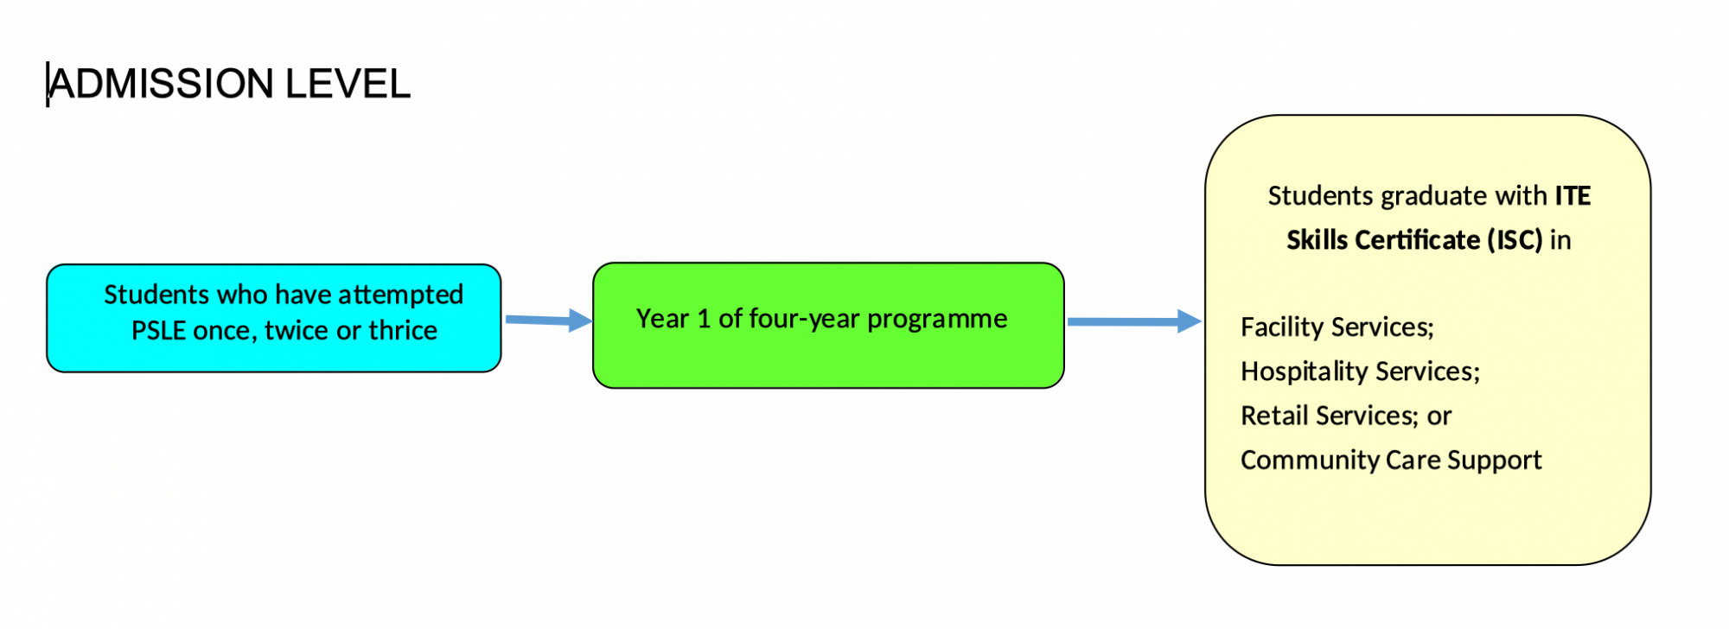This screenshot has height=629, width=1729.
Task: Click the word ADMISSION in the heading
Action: [162, 84]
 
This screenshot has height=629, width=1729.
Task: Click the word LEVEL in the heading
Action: [348, 84]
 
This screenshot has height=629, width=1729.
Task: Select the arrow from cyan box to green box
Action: [549, 321]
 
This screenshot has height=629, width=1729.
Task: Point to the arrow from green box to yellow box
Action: [1135, 321]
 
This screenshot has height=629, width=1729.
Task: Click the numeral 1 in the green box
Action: [703, 319]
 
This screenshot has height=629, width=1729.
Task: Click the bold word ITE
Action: [1573, 196]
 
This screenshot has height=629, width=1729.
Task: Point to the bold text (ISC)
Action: [1515, 240]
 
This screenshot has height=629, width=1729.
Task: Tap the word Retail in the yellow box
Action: [1274, 416]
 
